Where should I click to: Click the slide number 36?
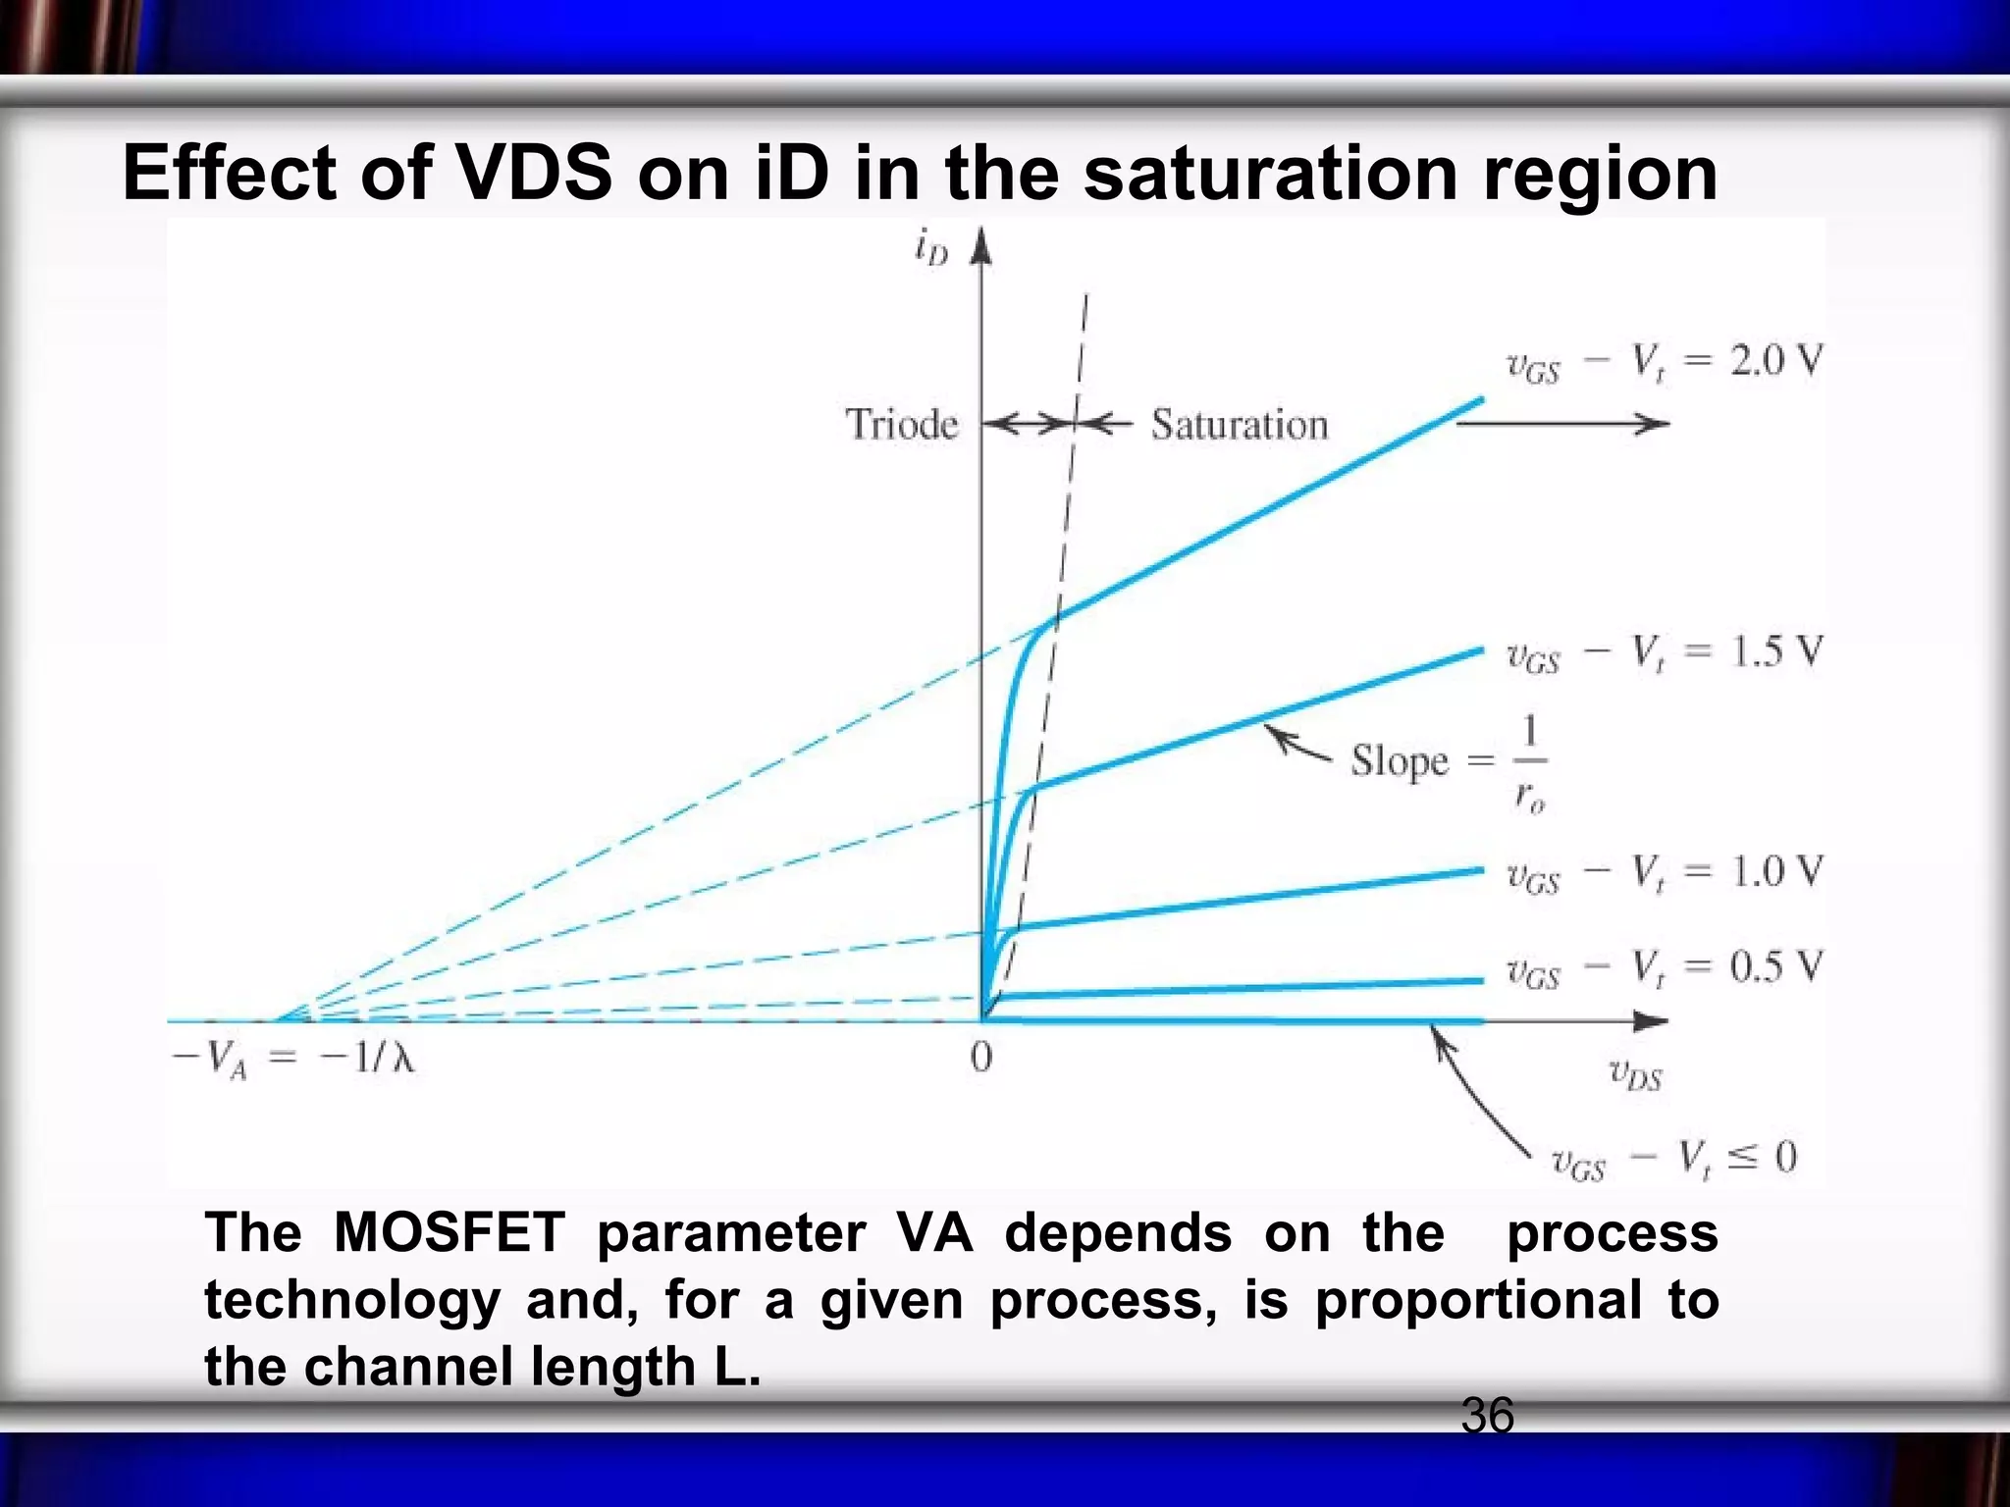pyautogui.click(x=1487, y=1416)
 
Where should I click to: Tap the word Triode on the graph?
pyautogui.click(x=901, y=425)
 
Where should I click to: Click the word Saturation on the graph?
pyautogui.click(x=1239, y=425)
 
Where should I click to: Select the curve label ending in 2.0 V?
pyautogui.click(x=1664, y=364)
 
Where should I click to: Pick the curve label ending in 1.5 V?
pyautogui.click(x=1664, y=653)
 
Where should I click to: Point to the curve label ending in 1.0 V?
pyautogui.click(x=1664, y=873)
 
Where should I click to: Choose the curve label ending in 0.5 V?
pyautogui.click(x=1664, y=969)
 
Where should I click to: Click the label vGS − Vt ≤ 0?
pyautogui.click(x=1673, y=1161)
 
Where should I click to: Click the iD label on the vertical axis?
pyautogui.click(x=931, y=250)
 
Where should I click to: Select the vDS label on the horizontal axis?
pyautogui.click(x=1635, y=1075)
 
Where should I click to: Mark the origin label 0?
pyautogui.click(x=980, y=1058)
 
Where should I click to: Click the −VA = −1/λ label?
pyautogui.click(x=292, y=1061)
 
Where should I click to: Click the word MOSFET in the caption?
pyautogui.click(x=449, y=1233)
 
